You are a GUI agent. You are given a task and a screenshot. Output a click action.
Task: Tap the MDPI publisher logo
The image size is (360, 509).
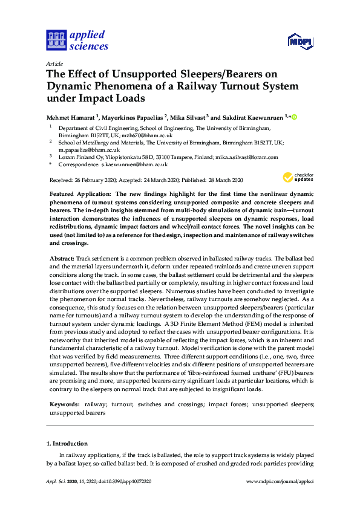click(299, 42)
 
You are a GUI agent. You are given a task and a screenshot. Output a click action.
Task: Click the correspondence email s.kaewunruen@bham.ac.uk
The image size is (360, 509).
click(134, 164)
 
